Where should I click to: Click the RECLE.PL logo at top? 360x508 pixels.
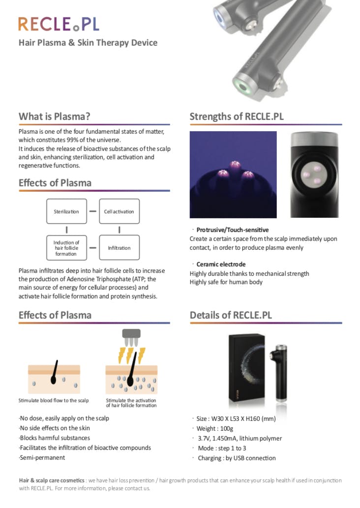coord(58,24)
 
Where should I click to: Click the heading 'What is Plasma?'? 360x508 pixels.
coord(54,117)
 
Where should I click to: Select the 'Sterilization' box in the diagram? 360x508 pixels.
coord(66,211)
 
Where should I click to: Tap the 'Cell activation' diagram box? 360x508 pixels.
coord(119,211)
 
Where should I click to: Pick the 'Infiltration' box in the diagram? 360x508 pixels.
coord(119,248)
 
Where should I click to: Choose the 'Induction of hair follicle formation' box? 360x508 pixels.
coord(66,248)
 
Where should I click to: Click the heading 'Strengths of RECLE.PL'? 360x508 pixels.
coord(237,117)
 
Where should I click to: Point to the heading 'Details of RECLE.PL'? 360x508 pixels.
coord(231,315)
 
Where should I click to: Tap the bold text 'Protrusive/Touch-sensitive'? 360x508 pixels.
coord(233,230)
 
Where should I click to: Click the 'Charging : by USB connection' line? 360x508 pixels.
coord(236,458)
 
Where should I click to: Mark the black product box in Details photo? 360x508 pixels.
coord(247,366)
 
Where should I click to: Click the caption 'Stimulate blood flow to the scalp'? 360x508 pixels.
coord(54,400)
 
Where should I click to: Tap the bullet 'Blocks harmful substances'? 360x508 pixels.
coord(55,438)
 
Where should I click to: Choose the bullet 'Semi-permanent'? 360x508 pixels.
coord(42,457)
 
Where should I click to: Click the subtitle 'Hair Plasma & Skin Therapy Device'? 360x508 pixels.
coord(88,43)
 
